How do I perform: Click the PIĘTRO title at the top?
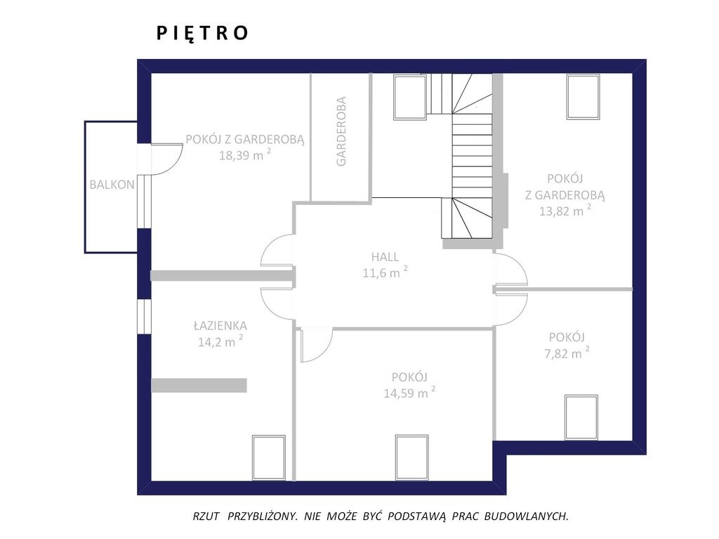point(202,33)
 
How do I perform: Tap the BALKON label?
point(112,185)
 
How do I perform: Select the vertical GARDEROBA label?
point(341,131)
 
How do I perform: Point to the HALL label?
point(385,257)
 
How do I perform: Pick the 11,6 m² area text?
point(385,272)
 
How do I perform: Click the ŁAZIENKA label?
point(220,326)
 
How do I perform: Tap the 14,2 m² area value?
point(220,342)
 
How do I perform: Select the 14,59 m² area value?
point(409,393)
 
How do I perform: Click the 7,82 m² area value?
point(567,353)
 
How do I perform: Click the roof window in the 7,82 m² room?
point(581,417)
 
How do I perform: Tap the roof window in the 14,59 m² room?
point(412,458)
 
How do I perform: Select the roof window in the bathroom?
point(269,458)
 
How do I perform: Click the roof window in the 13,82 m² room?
point(583,97)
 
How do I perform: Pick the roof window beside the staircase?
point(410,97)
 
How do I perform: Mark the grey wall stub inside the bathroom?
point(199,385)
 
